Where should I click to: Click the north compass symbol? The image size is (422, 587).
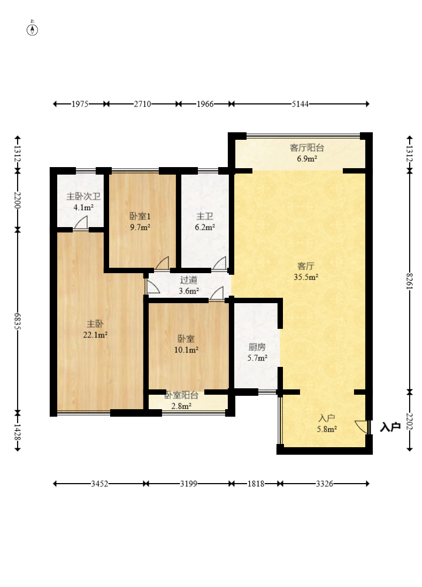33,29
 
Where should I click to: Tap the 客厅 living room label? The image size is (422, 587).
306,266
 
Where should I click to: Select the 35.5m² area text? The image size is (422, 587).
306,277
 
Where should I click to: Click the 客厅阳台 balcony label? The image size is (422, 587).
307,148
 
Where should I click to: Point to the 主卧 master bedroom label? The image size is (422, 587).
95,324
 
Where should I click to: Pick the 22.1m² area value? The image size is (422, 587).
95,335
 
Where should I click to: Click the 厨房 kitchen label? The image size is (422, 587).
257,347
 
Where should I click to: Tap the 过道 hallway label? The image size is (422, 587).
189,280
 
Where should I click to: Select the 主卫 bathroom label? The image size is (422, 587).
205,216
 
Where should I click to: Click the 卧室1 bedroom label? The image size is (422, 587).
140,216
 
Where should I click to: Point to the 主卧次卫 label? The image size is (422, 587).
83,197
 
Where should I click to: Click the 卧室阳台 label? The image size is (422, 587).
181,395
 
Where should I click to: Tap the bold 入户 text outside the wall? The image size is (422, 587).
390,427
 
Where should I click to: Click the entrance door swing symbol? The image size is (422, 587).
362,427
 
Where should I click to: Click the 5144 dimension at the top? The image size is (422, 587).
301,104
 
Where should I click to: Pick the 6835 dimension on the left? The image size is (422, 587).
17,321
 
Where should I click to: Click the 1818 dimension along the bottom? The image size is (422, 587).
256,484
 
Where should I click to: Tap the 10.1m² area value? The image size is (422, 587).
186,350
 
